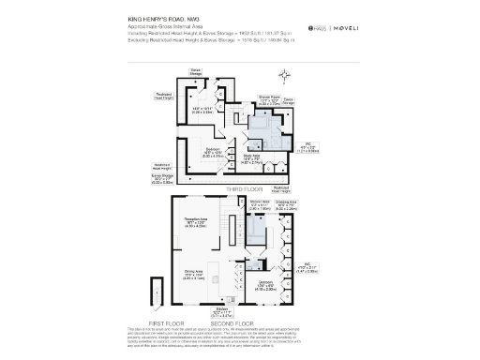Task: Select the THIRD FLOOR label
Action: tap(239, 188)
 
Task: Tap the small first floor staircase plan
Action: tap(157, 298)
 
